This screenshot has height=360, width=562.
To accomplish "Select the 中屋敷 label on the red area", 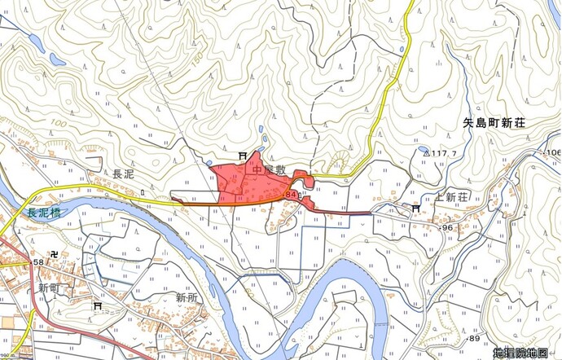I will [270, 170].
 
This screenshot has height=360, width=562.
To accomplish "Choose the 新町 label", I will [50, 288].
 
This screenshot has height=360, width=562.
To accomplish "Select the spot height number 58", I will [38, 262].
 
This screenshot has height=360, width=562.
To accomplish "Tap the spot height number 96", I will [447, 228].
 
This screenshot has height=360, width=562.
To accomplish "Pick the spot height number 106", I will [553, 153].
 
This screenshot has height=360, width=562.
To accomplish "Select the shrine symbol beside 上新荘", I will [416, 209].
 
